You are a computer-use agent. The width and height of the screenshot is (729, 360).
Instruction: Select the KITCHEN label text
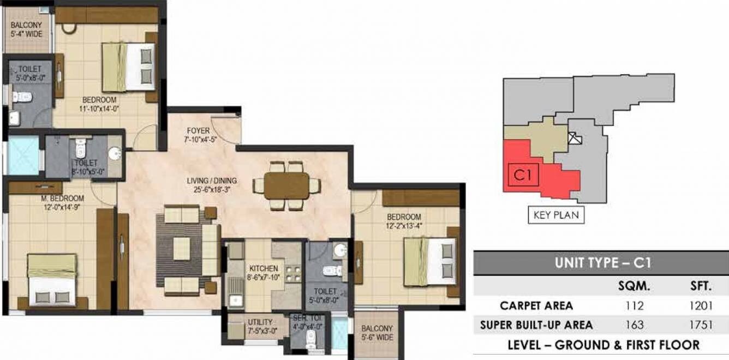264,268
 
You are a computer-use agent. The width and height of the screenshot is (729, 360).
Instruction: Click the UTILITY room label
260,322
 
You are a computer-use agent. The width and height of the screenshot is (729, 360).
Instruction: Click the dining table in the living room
286,186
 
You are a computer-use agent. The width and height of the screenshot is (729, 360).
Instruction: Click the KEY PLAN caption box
555,215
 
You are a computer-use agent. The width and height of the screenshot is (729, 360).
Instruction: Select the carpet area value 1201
701,306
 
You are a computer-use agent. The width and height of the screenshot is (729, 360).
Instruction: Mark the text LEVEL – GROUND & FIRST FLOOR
603,345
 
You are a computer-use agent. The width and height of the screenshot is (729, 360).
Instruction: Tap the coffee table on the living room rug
182,249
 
